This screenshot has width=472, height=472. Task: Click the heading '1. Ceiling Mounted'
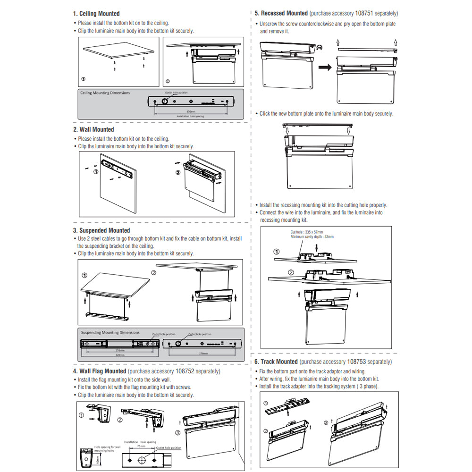[96, 14]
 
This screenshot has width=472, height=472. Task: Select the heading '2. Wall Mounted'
[93, 129]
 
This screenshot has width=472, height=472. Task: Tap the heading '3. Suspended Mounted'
[101, 230]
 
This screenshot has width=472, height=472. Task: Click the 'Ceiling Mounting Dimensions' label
[105, 93]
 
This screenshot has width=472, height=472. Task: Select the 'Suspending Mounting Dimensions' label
[110, 332]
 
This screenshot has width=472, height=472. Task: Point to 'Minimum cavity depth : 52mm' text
[312, 236]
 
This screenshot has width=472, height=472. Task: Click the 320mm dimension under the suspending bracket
[121, 355]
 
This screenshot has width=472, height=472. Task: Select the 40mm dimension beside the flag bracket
[97, 459]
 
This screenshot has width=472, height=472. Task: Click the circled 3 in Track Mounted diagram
[325, 422]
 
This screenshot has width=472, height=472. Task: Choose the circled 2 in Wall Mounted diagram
[177, 172]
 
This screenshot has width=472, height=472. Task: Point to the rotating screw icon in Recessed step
[320, 47]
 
